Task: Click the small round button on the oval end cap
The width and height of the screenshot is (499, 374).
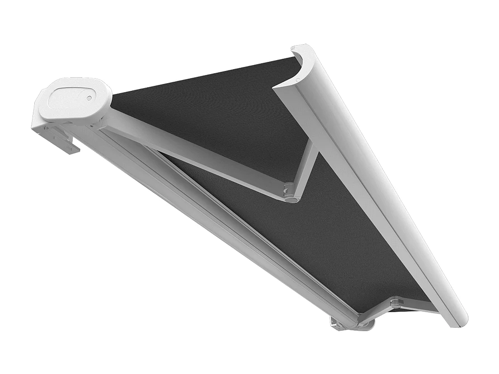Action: [89, 98]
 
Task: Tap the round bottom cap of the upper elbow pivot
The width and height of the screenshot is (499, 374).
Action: [292, 198]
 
